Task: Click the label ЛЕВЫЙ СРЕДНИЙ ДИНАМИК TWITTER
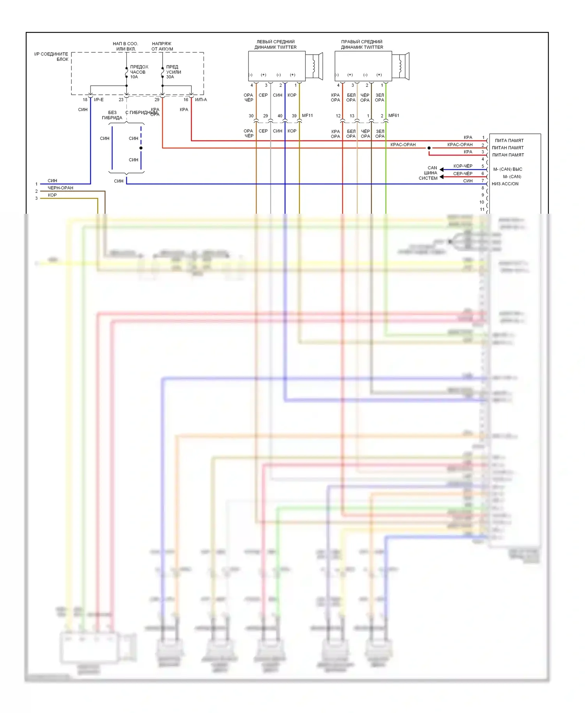pyautogui.click(x=275, y=44)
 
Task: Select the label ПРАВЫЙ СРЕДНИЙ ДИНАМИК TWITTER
pyautogui.click(x=362, y=44)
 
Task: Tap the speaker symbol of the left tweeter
pyautogui.click(x=314, y=66)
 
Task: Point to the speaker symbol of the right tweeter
pyautogui.click(x=401, y=66)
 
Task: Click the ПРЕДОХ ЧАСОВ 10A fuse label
pyautogui.click(x=139, y=72)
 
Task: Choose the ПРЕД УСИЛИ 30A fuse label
pyautogui.click(x=174, y=72)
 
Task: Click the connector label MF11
pyautogui.click(x=307, y=115)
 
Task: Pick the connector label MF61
pyautogui.click(x=394, y=115)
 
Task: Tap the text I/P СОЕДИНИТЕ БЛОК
pyautogui.click(x=51, y=57)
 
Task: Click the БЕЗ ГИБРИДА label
pyautogui.click(x=112, y=115)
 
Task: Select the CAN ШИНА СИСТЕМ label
pyautogui.click(x=429, y=173)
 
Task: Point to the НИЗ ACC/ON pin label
pyautogui.click(x=505, y=184)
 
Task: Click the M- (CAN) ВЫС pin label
pyautogui.click(x=507, y=169)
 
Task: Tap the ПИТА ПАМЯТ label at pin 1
pyautogui.click(x=509, y=140)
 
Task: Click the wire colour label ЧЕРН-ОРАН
pyautogui.click(x=60, y=188)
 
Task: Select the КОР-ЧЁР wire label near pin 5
pyautogui.click(x=463, y=166)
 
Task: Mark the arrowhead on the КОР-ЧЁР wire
pyautogui.click(x=442, y=169)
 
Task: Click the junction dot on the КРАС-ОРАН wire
pyautogui.click(x=429, y=148)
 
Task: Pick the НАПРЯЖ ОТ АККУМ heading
pyautogui.click(x=162, y=46)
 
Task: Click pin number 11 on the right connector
pyautogui.click(x=482, y=209)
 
